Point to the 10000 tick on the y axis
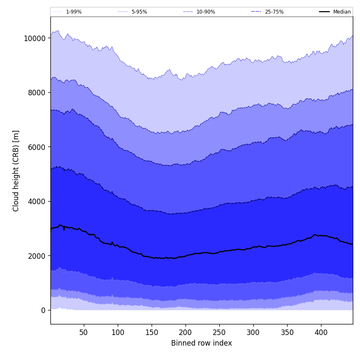click(x=34, y=38)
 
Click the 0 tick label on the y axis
click(x=43, y=310)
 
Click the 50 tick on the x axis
click(x=84, y=333)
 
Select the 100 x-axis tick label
click(x=118, y=333)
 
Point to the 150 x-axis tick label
click(x=152, y=333)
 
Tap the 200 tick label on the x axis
click(x=186, y=333)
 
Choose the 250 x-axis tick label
click(x=219, y=333)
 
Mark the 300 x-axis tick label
click(x=253, y=333)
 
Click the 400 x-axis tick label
click(x=321, y=333)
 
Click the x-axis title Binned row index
click(x=202, y=343)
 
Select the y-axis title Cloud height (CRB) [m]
click(x=16, y=171)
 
